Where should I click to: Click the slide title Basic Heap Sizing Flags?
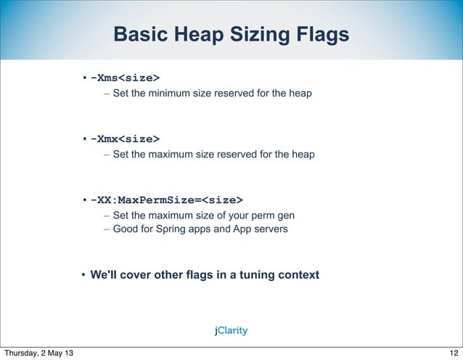tap(231, 35)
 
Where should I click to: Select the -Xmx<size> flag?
tap(125, 139)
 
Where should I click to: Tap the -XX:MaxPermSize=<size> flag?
tap(167, 200)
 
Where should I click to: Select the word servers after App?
tap(270, 229)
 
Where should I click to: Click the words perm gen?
tap(272, 216)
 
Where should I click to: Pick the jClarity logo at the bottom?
tap(231, 330)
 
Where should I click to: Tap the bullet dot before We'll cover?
tap(84, 276)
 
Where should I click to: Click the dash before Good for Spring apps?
tap(107, 229)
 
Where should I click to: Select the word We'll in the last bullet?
tap(105, 275)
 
